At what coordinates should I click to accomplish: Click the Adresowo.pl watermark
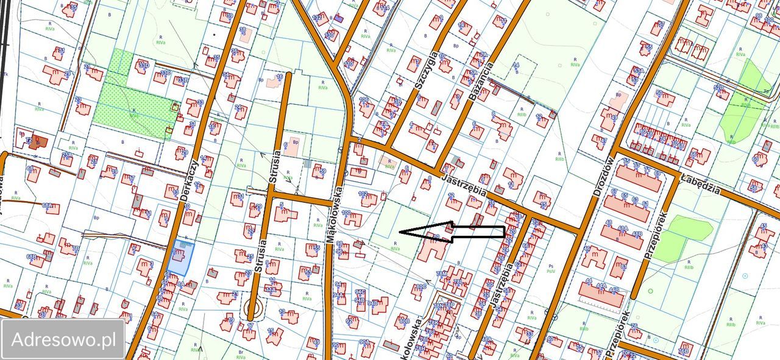pos(63,339)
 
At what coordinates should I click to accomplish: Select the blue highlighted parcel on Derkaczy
pos(179,257)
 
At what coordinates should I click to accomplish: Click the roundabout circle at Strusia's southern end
pos(252,311)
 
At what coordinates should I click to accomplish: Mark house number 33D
pos(144,65)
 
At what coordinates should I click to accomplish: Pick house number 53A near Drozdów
pos(637,71)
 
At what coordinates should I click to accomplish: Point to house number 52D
pos(719,88)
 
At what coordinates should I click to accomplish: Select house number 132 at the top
pos(317,18)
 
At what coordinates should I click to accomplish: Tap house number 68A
pos(47,206)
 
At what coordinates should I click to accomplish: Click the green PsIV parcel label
pos(551,270)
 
